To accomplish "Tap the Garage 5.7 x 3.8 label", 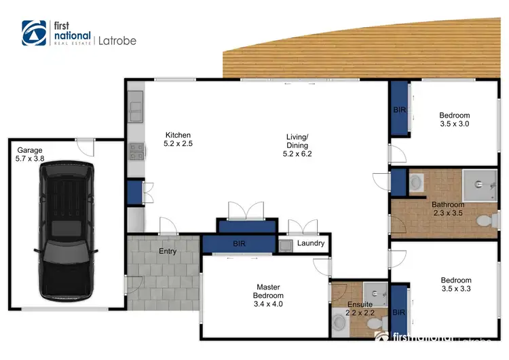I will click(x=30, y=154).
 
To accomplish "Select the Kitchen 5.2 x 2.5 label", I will click(x=177, y=139).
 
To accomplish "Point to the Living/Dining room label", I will click(x=297, y=145).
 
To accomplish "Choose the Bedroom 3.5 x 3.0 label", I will click(x=454, y=120).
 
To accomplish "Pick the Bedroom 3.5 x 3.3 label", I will click(x=455, y=285).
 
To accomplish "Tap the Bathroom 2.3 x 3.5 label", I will click(x=448, y=209).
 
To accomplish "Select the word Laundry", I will click(x=311, y=243).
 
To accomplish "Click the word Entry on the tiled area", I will click(x=168, y=251).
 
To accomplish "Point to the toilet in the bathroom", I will click(x=485, y=221).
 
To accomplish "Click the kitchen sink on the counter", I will click(x=134, y=107).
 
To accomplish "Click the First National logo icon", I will click(x=35, y=33).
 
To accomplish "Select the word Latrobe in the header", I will click(x=117, y=41).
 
